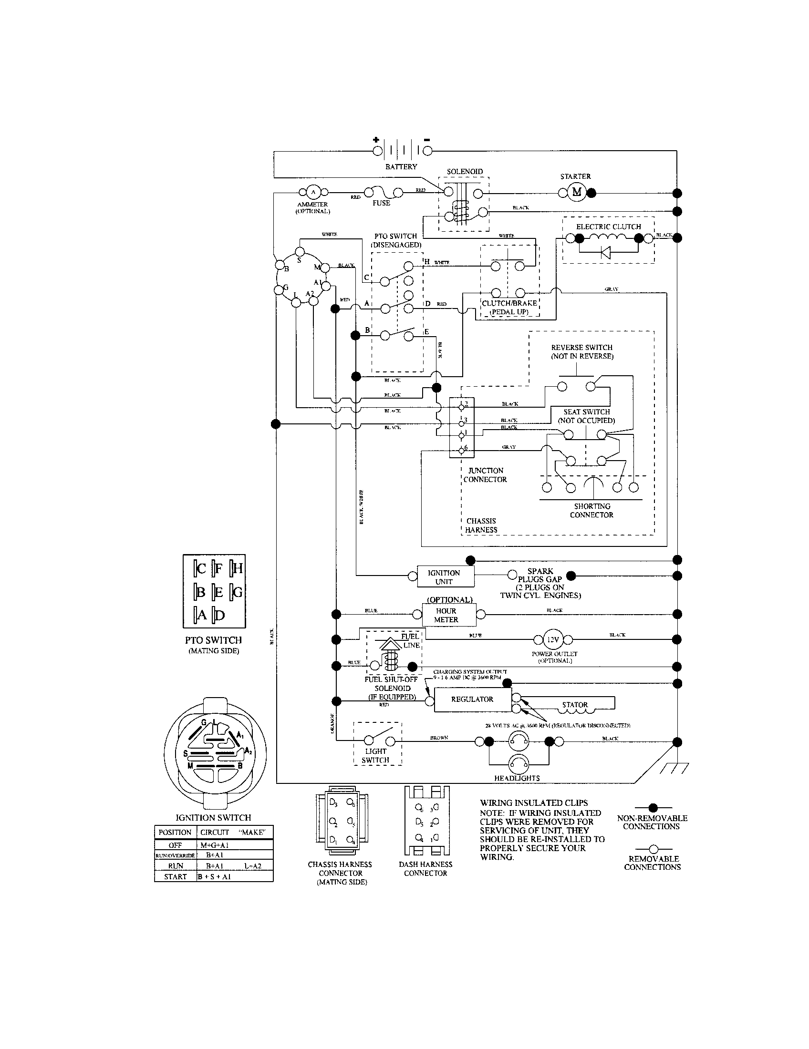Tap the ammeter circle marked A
click(x=313, y=193)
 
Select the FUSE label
click(x=382, y=203)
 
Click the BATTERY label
click(x=401, y=167)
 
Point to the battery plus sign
click(x=377, y=140)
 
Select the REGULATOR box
click(x=472, y=699)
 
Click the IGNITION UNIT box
click(x=444, y=577)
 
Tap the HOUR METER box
click(x=446, y=615)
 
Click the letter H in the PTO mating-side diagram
click(x=237, y=569)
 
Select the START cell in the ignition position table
click(x=175, y=876)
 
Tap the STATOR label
click(x=575, y=705)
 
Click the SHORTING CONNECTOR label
click(x=592, y=511)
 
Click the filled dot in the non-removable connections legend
click(x=653, y=808)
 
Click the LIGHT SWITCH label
click(x=375, y=756)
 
